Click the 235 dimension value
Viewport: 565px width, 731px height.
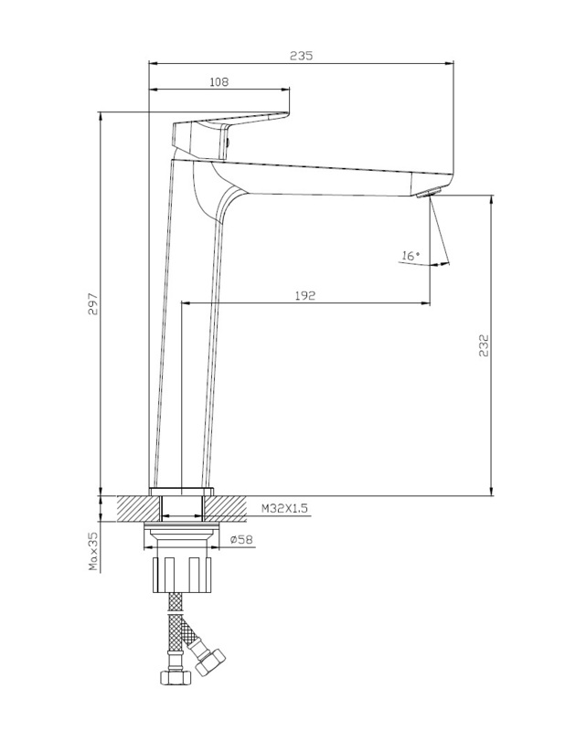tap(302, 56)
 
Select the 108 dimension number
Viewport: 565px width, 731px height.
tap(219, 82)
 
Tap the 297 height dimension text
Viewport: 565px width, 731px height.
tap(93, 304)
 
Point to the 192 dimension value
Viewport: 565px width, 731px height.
tap(305, 295)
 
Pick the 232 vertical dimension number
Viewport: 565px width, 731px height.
tap(484, 345)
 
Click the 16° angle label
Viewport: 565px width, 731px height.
tap(410, 256)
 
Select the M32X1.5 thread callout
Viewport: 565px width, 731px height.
tap(284, 508)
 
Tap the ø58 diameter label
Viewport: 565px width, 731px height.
tap(241, 539)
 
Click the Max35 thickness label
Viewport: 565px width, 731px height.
tap(93, 553)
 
